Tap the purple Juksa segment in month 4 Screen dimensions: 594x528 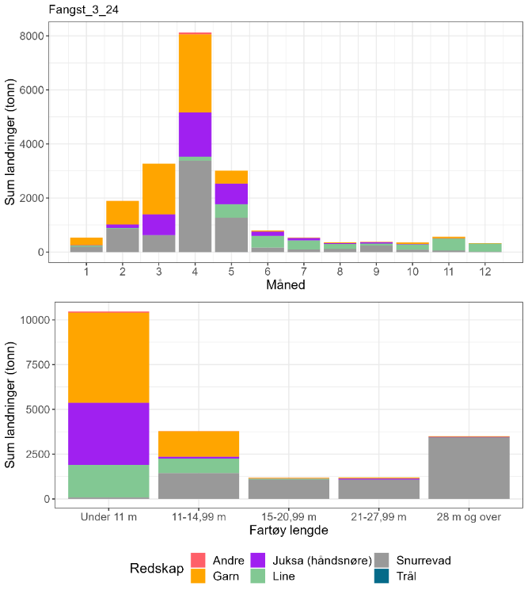(195, 135)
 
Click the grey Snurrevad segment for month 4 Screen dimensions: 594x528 (195, 206)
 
